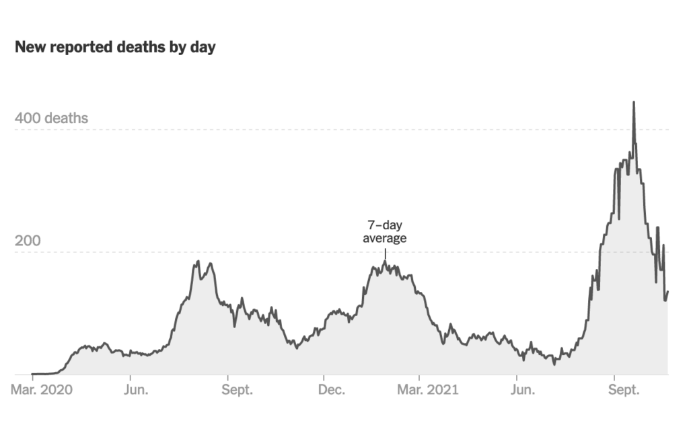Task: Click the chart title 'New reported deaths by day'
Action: click(x=115, y=48)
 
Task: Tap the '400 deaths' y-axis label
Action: click(x=52, y=118)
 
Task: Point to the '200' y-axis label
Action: click(x=28, y=241)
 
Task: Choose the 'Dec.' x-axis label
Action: click(x=332, y=390)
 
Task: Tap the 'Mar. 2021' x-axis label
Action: click(x=429, y=390)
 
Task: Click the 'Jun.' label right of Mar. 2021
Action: click(x=523, y=390)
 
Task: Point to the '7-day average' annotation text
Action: click(x=385, y=231)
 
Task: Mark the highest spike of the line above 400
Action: click(x=633, y=103)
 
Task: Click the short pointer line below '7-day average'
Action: click(x=385, y=253)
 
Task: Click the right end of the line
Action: click(x=667, y=292)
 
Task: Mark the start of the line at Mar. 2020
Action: click(x=32, y=373)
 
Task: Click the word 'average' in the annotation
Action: click(x=385, y=238)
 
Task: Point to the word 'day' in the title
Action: click(x=203, y=48)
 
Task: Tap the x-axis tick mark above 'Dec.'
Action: click(x=324, y=377)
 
